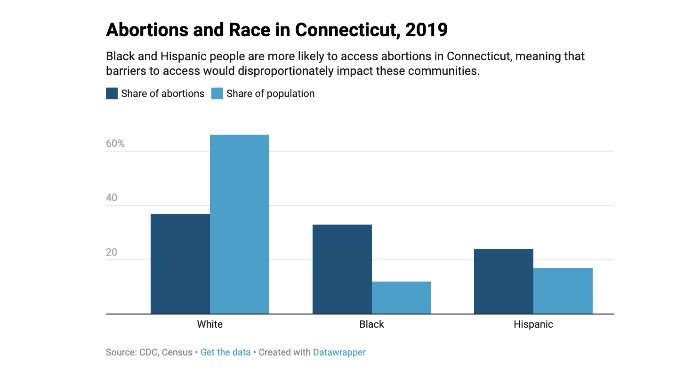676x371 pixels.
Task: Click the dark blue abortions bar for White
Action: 180,264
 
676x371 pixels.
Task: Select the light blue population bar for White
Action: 239,224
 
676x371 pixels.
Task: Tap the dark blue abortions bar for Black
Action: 342,269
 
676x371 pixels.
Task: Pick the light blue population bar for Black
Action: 401,298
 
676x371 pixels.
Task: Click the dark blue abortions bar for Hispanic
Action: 503,281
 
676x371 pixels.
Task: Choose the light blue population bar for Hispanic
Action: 563,290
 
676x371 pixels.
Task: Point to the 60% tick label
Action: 115,144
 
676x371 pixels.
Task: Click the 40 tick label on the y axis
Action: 112,198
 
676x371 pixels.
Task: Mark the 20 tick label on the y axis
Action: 112,252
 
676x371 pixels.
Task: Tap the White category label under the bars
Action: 209,324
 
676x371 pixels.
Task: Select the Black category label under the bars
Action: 371,324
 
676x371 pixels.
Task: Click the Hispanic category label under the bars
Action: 533,324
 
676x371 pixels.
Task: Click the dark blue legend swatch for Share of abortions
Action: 112,93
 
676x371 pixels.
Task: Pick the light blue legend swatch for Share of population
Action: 217,93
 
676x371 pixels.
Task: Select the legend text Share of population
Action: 270,93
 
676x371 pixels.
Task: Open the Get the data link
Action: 225,352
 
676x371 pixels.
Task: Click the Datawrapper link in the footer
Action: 339,352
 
